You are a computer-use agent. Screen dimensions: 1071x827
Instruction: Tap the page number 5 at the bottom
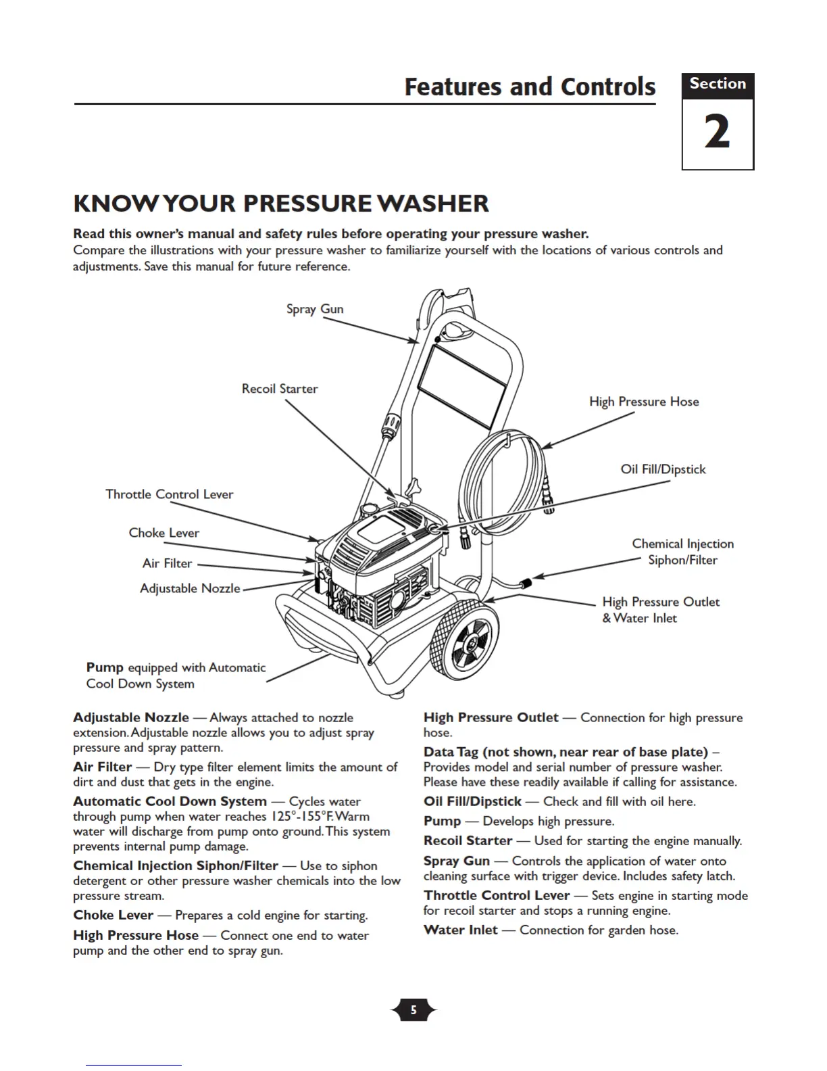click(x=413, y=1010)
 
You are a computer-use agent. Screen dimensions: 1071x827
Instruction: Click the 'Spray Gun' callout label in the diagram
click(x=315, y=309)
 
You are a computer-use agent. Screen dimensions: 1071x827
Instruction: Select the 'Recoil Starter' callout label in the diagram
click(x=280, y=389)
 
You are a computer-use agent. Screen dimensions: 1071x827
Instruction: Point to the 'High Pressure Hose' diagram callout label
click(x=644, y=402)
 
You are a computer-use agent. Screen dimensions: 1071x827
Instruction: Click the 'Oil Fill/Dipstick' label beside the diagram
click(x=663, y=469)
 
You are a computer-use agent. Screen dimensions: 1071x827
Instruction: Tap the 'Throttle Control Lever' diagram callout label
click(x=170, y=494)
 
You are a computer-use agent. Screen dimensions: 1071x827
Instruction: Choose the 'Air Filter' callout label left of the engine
click(x=168, y=563)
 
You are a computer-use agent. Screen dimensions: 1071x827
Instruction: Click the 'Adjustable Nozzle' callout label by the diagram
click(x=190, y=588)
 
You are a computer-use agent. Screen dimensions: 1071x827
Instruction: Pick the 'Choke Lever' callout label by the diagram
click(x=164, y=533)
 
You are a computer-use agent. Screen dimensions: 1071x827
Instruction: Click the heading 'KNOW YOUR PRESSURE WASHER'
click(x=281, y=204)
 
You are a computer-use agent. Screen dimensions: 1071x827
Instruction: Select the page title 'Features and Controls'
click(x=530, y=87)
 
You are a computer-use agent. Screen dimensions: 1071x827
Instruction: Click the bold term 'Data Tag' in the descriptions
click(x=451, y=752)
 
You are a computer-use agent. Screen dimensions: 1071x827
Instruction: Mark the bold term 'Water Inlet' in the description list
click(x=460, y=930)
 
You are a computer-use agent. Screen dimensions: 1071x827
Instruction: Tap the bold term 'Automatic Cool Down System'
click(x=170, y=801)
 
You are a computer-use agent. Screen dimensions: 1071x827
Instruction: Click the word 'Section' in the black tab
click(x=718, y=84)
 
